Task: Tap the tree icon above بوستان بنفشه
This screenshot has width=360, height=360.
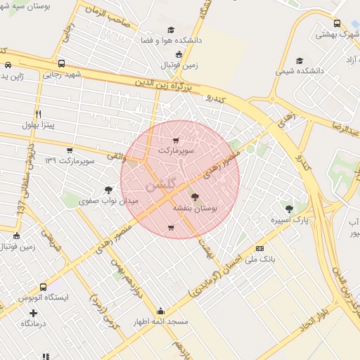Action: (x=195, y=198)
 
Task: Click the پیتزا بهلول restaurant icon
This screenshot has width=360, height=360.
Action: (x=39, y=114)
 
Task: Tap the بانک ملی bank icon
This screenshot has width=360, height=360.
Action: (x=260, y=248)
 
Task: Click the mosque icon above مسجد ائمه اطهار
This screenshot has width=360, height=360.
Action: (x=161, y=311)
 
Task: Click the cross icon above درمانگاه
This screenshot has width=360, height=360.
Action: (x=33, y=312)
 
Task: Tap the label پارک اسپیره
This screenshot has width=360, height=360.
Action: (x=290, y=220)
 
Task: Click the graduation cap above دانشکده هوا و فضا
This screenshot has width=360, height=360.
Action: (x=170, y=30)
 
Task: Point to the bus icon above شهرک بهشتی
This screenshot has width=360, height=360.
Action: (x=336, y=22)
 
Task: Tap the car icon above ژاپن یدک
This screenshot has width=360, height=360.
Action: (x=7, y=65)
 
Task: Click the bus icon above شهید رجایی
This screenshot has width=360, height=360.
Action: (x=61, y=63)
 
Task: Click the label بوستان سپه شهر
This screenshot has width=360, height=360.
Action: (x=25, y=6)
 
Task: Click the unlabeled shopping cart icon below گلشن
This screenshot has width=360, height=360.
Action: (x=171, y=228)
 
